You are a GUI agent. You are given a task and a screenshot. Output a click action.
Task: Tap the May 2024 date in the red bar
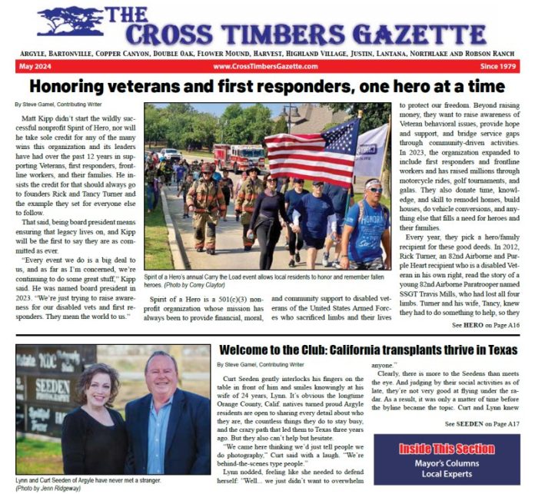click(x=31, y=67)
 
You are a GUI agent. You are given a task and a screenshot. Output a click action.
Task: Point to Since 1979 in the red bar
click(x=497, y=67)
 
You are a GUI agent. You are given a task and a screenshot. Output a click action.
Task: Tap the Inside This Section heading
click(x=447, y=449)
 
